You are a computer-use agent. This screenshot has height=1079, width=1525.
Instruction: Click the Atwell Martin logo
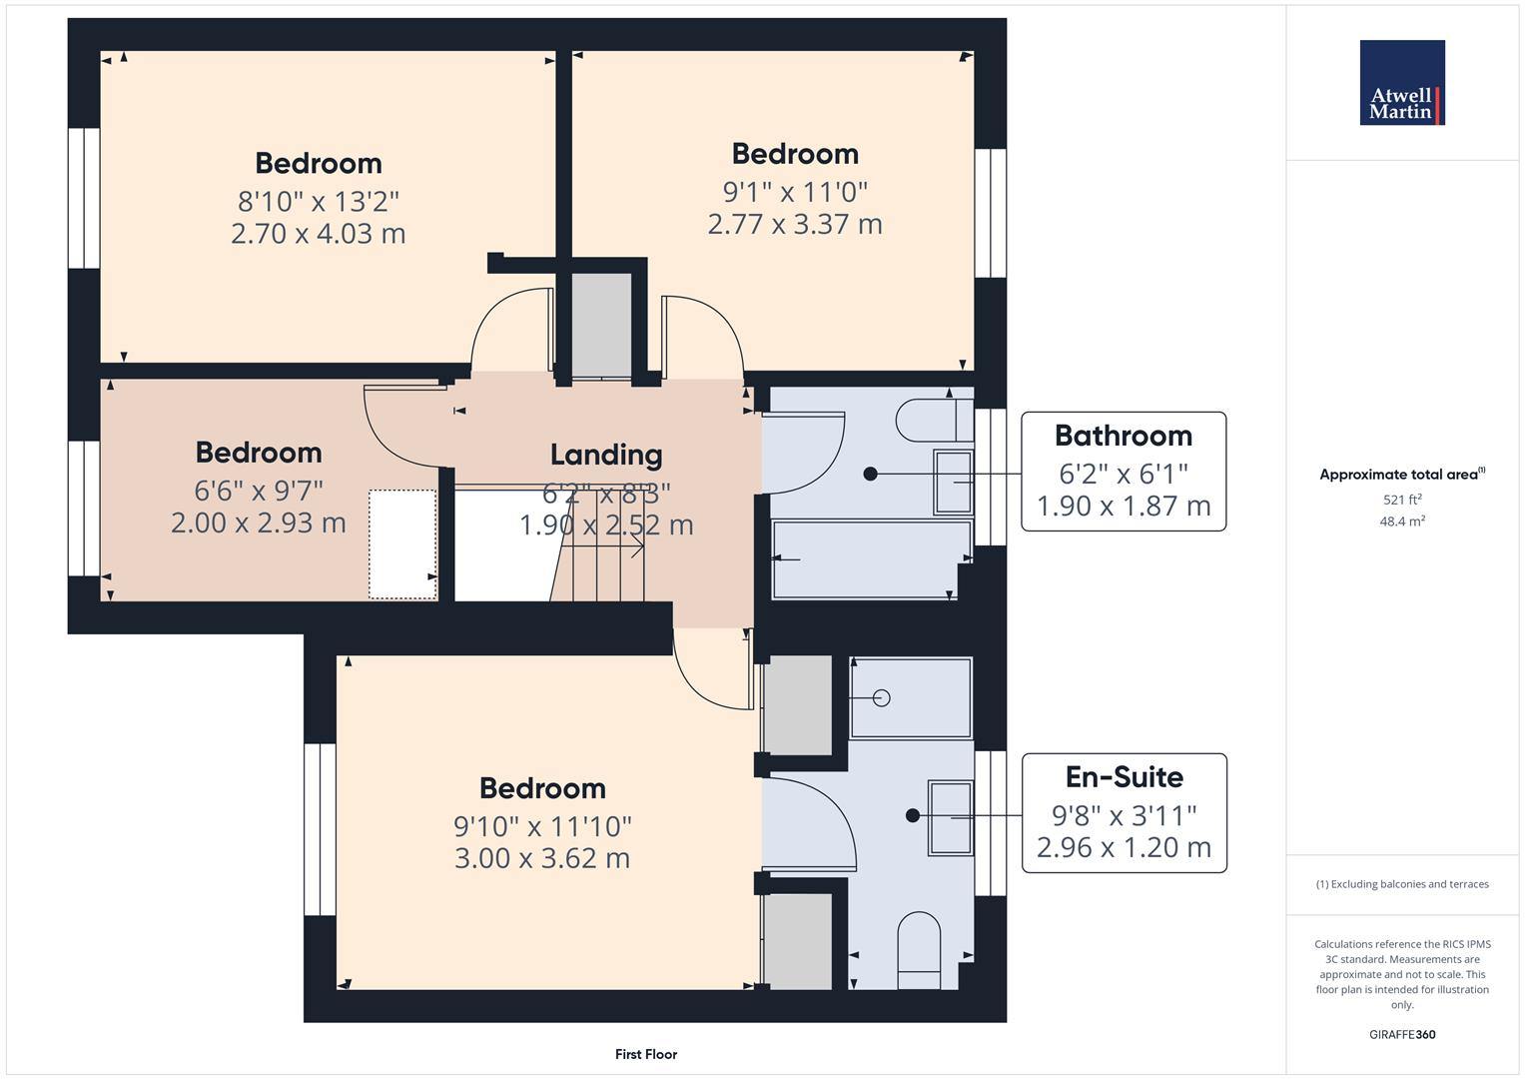point(1401,83)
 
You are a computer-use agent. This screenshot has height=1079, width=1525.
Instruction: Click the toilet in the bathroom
point(930,421)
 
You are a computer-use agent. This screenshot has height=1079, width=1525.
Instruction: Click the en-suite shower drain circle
point(881,698)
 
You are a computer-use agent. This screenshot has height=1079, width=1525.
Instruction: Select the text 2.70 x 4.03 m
point(318,234)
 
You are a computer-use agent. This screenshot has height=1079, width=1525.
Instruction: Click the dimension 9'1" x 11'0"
point(795,191)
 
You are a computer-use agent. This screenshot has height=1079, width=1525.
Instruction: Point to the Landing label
point(606,455)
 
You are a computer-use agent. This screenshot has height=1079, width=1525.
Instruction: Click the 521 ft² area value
point(1401,500)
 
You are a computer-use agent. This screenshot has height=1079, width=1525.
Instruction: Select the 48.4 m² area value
point(1401,522)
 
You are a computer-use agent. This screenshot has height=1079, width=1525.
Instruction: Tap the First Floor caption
point(645,1054)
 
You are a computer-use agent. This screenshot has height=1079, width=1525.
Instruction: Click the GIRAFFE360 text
point(1401,1034)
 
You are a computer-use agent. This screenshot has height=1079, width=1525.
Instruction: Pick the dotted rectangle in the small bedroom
point(402,544)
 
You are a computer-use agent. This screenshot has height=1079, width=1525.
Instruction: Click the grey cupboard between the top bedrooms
point(601,325)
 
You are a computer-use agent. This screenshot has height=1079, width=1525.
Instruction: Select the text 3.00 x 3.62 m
point(541,858)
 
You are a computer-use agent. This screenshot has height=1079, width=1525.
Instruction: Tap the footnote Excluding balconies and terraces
point(1401,884)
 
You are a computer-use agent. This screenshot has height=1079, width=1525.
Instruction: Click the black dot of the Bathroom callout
point(870,474)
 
